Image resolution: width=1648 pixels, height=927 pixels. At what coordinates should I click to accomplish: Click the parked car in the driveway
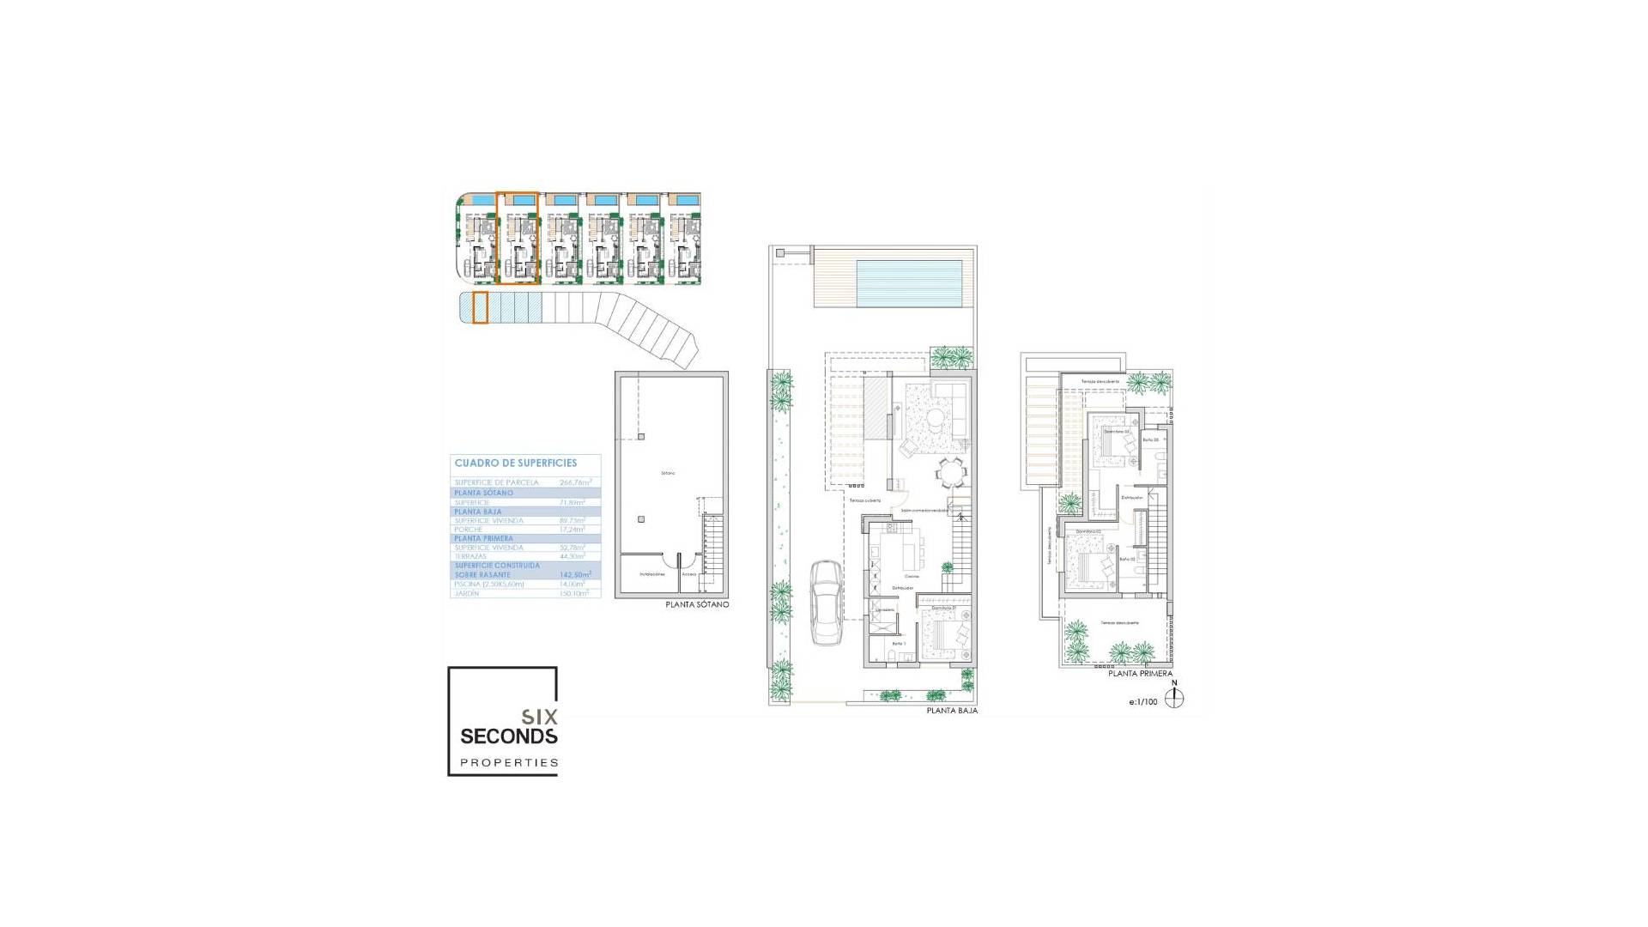[827, 602]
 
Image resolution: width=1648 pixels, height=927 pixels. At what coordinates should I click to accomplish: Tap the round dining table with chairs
[949, 471]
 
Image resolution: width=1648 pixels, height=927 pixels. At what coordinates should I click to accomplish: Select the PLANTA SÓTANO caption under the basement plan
[696, 605]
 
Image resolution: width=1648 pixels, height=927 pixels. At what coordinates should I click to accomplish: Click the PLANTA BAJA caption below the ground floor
[951, 711]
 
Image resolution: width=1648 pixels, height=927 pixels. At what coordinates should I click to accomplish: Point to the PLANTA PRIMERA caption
[1139, 674]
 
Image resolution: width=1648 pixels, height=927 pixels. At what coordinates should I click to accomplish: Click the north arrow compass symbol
[1174, 698]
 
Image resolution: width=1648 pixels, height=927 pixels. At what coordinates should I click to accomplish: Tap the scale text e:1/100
[1142, 702]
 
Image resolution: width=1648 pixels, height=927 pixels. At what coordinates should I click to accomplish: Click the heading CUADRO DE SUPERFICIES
[515, 463]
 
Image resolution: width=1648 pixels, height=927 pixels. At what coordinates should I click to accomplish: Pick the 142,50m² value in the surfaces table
[575, 574]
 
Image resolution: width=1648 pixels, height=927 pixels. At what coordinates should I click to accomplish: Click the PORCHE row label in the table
[469, 530]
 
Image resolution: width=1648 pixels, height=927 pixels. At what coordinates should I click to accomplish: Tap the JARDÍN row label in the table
[468, 593]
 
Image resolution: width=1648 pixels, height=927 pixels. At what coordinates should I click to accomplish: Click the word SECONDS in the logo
[508, 736]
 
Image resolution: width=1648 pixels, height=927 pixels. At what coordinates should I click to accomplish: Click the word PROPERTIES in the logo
[509, 762]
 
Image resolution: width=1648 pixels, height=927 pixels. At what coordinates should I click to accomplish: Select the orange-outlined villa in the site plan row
[518, 238]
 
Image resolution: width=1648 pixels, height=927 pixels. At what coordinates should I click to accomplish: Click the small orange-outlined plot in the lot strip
[480, 307]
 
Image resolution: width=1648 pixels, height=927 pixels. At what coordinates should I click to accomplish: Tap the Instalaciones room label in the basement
[651, 574]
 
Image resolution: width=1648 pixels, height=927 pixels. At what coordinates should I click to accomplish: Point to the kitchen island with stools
[912, 547]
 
